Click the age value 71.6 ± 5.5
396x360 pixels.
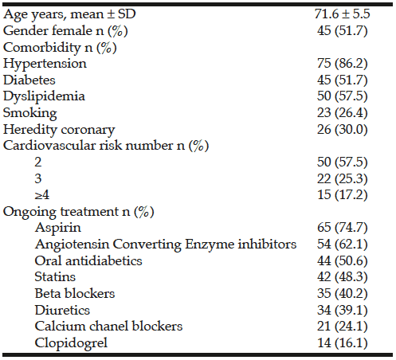tap(342, 14)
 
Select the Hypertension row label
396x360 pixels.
tap(45, 64)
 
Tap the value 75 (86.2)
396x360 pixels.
tap(342, 64)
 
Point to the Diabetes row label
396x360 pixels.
tap(29, 80)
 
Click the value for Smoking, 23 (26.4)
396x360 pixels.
tap(342, 113)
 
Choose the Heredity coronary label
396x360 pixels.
tap(59, 130)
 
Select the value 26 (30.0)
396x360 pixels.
tap(342, 129)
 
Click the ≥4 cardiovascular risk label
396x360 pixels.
tap(42, 195)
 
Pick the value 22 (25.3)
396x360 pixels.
tap(342, 178)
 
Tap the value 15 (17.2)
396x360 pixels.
tap(342, 195)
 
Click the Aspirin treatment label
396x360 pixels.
tap(58, 228)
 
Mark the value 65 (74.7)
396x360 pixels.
tap(342, 228)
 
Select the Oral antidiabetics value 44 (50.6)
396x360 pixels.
tap(342, 260)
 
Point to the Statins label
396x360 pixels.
tap(55, 277)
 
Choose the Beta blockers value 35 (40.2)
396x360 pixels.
tap(342, 294)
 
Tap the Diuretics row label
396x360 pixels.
tap(62, 310)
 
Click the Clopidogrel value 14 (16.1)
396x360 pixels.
tap(342, 342)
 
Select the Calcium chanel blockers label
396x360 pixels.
tap(109, 327)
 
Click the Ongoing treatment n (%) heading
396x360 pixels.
tap(79, 212)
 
